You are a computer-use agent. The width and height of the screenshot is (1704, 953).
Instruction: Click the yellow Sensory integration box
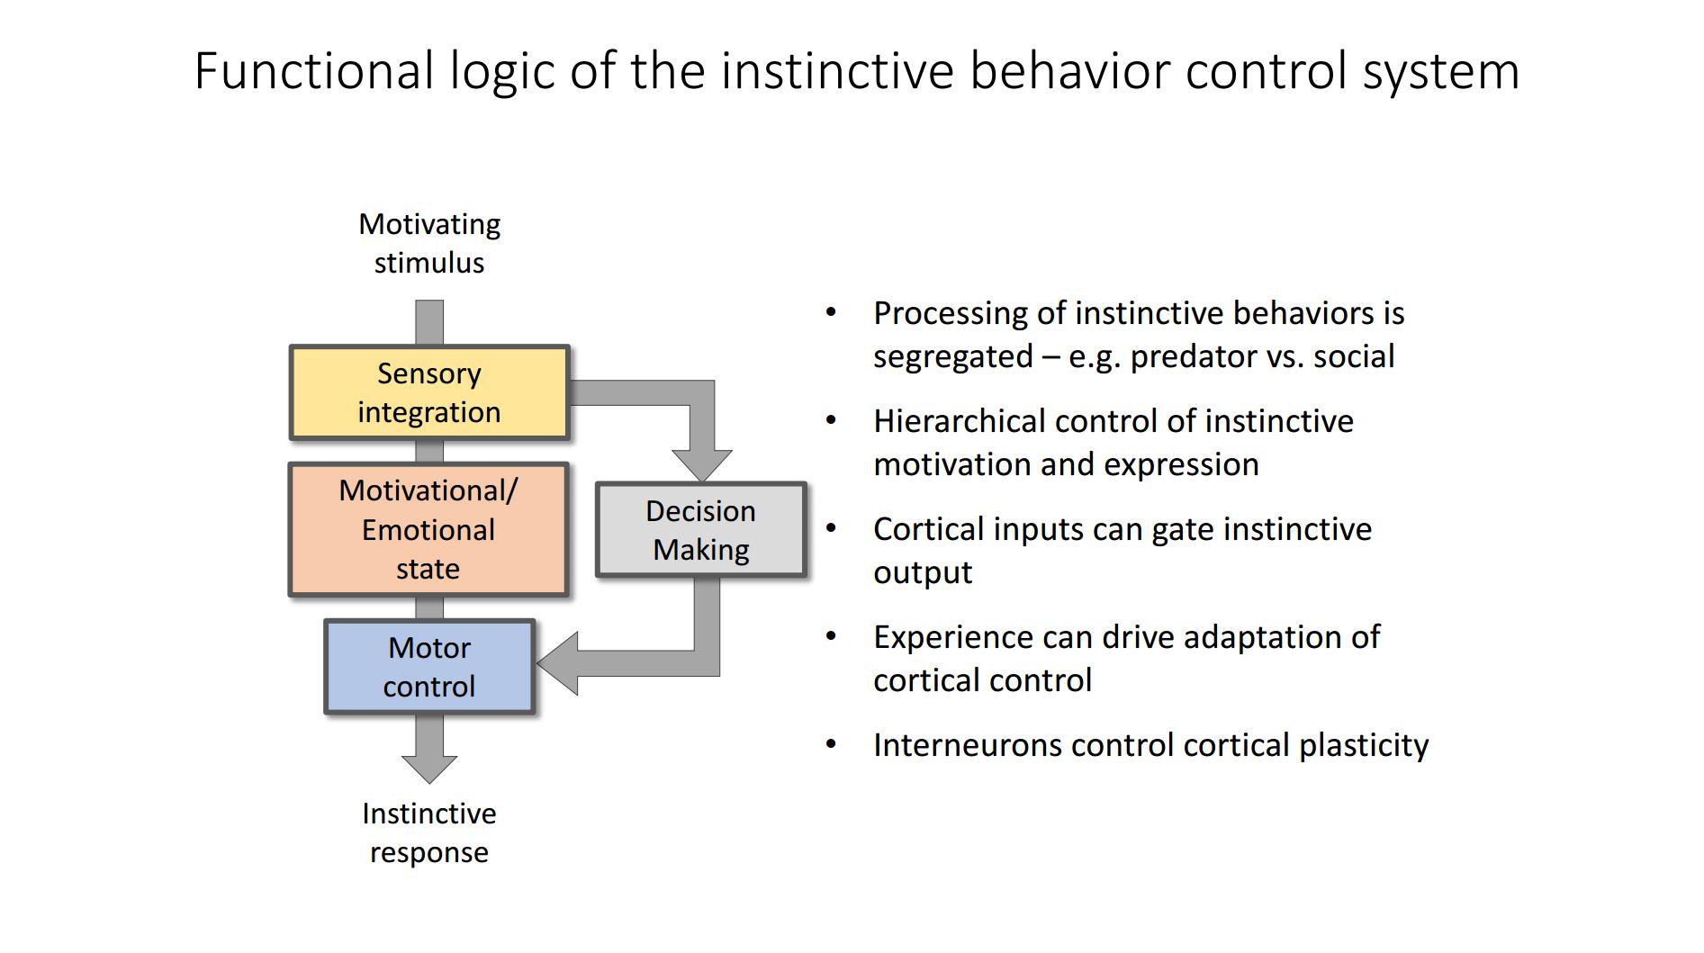(x=429, y=392)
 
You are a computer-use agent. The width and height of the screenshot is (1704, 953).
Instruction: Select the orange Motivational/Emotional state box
(x=428, y=529)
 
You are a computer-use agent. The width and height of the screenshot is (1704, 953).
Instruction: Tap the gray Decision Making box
(x=700, y=530)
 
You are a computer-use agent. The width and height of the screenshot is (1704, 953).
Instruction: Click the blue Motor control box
(x=429, y=667)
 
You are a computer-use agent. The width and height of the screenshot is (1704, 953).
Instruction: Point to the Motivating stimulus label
(x=429, y=243)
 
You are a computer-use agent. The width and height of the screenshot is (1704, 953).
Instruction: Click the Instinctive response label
(x=429, y=832)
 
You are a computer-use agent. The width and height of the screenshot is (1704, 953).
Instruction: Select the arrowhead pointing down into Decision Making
(x=702, y=465)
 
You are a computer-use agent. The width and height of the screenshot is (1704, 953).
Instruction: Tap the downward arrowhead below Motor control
(x=429, y=769)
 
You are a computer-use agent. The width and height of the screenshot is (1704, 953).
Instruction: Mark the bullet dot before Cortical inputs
(x=831, y=528)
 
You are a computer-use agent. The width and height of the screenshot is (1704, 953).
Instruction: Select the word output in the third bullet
(x=923, y=572)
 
